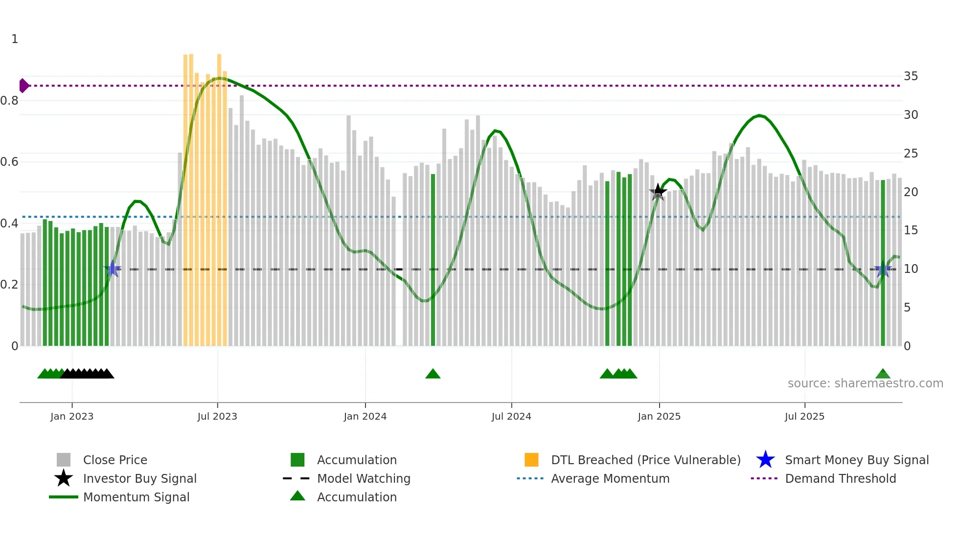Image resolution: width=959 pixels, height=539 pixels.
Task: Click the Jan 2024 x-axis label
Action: pyautogui.click(x=365, y=416)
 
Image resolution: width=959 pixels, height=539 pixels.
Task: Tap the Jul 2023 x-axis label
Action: pyautogui.click(x=217, y=416)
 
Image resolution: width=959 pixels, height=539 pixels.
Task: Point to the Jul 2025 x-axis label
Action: pyautogui.click(x=804, y=416)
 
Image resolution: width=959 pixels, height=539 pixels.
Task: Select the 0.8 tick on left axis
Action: pyautogui.click(x=9, y=101)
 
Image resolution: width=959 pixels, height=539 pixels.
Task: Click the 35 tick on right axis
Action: pyautogui.click(x=911, y=76)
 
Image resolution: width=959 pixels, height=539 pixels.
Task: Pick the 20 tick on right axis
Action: pyautogui.click(x=911, y=192)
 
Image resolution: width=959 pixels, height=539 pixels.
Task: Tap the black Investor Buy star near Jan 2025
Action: pyautogui.click(x=658, y=192)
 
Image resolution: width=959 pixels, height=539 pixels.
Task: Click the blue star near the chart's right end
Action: pyautogui.click(x=883, y=269)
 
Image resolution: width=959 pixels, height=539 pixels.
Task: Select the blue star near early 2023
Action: pyautogui.click(x=113, y=269)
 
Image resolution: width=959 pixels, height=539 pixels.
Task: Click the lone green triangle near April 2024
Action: pyautogui.click(x=433, y=374)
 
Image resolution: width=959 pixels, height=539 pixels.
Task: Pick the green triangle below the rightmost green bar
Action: pyautogui.click(x=883, y=374)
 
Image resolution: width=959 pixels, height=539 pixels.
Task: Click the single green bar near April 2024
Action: pyautogui.click(x=433, y=259)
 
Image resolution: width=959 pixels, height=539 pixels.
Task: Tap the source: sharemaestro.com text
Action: pyautogui.click(x=865, y=383)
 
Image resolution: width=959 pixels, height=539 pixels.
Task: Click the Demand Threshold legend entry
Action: pyautogui.click(x=840, y=478)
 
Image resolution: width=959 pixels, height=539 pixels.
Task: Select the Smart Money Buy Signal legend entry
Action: pyautogui.click(x=856, y=460)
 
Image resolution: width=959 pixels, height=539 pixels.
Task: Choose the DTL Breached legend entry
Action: pyautogui.click(x=645, y=460)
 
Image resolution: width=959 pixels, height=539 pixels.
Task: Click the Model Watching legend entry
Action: pyautogui.click(x=363, y=478)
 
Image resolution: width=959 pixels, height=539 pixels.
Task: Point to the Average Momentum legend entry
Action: pyautogui.click(x=610, y=478)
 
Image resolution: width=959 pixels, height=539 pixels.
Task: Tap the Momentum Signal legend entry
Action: pyautogui.click(x=136, y=497)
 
